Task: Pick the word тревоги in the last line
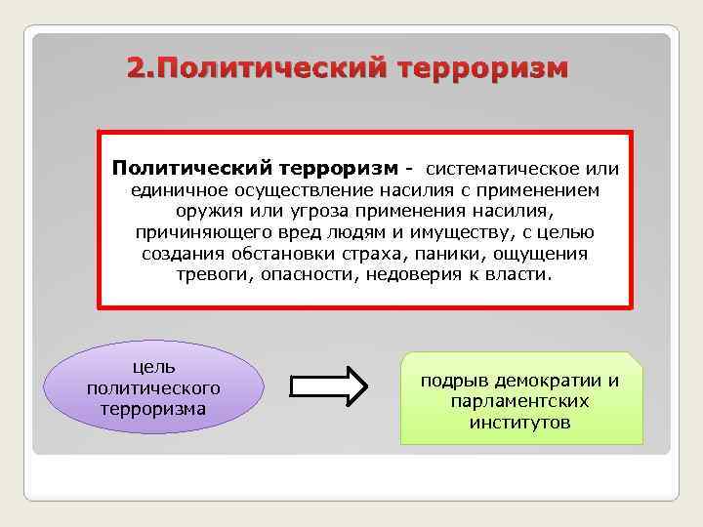point(211,276)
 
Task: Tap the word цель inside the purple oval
point(153,367)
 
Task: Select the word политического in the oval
point(153,387)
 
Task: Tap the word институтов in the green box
point(519,424)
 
